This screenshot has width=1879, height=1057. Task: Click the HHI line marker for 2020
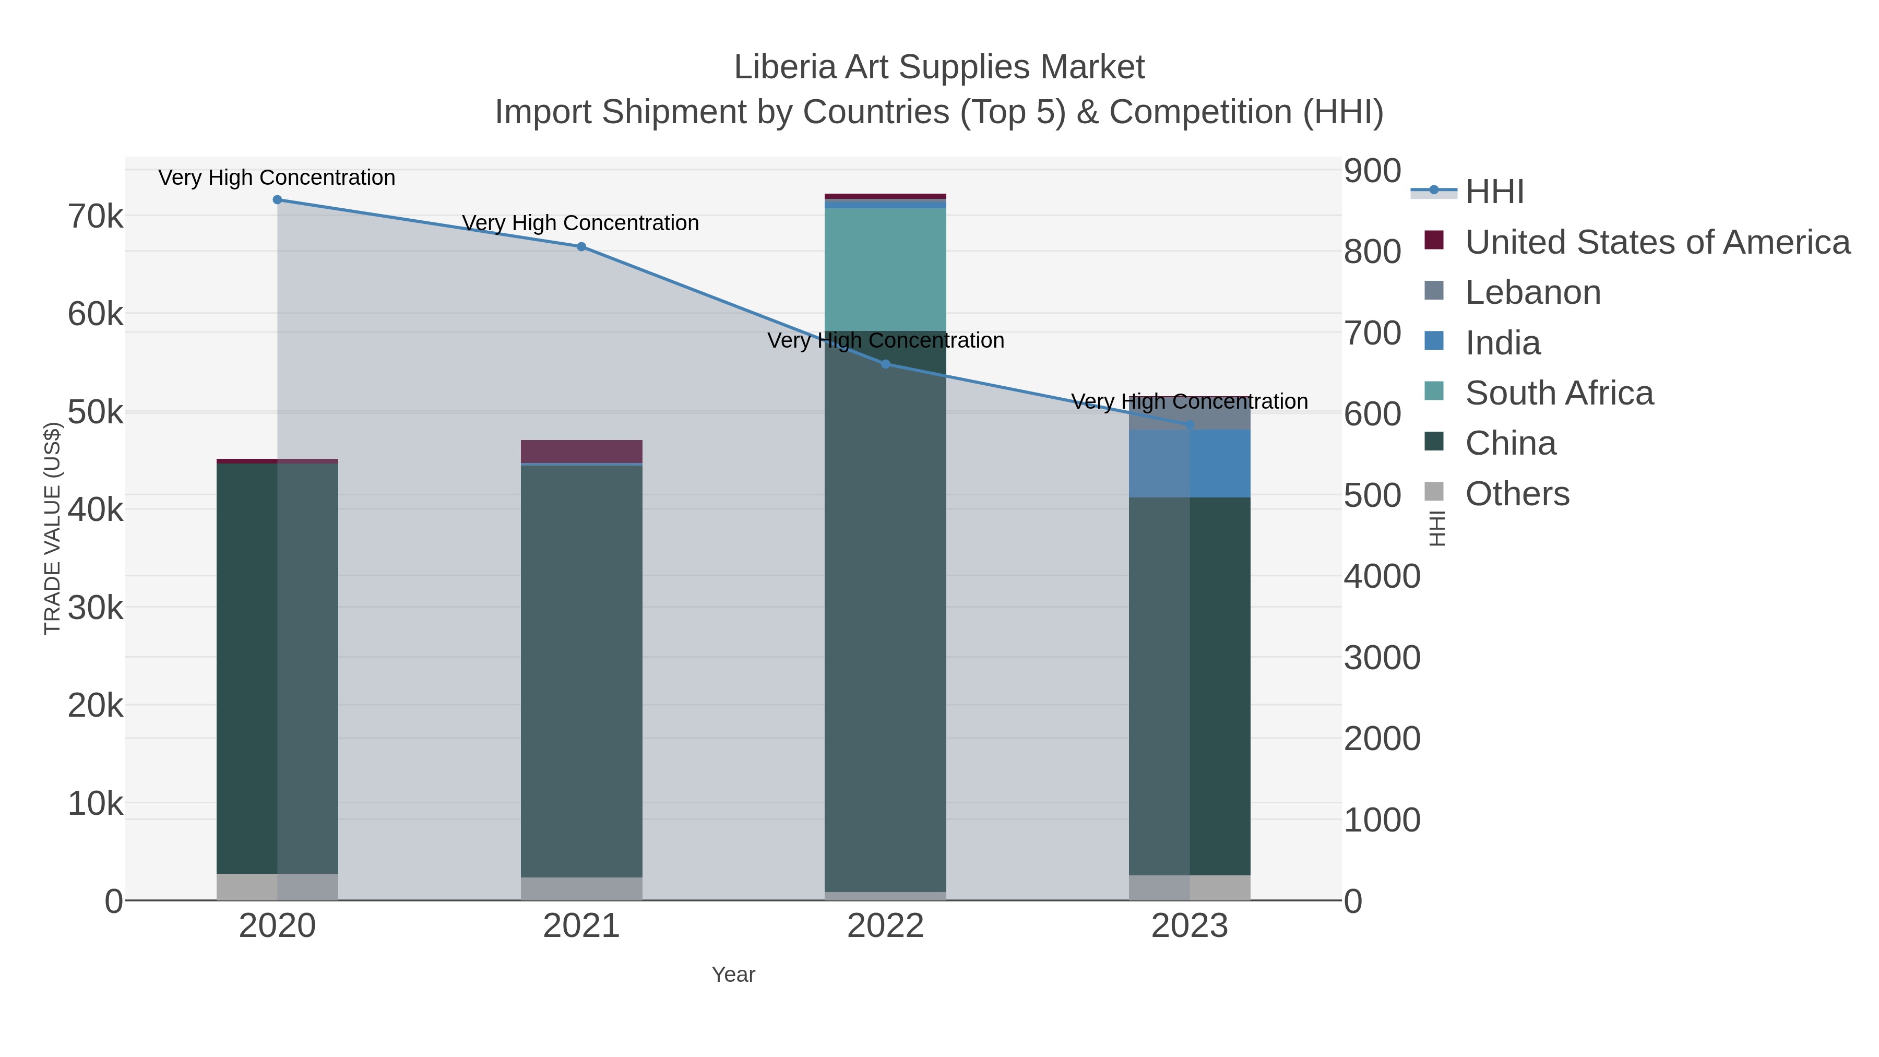coord(277,200)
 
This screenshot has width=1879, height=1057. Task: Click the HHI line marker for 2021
coord(581,246)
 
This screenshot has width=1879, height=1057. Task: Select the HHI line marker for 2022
coord(886,364)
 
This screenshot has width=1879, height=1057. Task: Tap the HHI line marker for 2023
coord(1190,424)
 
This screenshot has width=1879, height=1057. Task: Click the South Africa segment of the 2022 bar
coord(886,270)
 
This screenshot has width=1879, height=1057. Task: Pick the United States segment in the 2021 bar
coord(581,451)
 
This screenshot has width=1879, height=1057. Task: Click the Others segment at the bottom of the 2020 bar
coord(277,886)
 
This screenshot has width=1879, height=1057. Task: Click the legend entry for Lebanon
coord(1532,292)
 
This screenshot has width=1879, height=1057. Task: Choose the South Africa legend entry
coord(1559,393)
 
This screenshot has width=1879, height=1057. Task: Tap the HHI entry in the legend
coord(1494,192)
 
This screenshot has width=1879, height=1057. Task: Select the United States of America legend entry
coord(1657,242)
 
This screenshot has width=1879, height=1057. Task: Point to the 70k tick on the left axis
coord(96,217)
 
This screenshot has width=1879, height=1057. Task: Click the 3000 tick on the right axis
coord(1382,658)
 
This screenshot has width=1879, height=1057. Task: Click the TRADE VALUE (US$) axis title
coord(53,528)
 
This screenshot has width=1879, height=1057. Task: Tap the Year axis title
coord(733,975)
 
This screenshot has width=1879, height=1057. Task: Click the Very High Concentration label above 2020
coord(277,177)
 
